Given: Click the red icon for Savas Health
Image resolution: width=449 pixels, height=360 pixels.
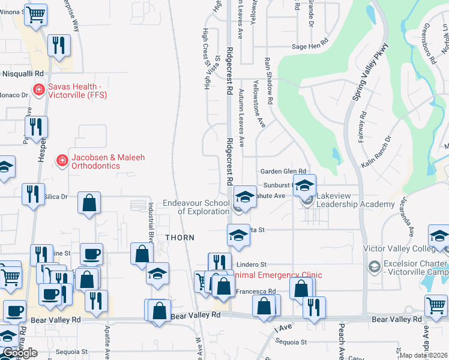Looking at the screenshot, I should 39,89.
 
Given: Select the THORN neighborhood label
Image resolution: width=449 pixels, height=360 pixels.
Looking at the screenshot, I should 181,238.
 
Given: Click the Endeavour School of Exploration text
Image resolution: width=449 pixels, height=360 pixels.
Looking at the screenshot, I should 196,207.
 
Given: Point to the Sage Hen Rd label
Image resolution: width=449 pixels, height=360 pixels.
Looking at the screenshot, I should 310,45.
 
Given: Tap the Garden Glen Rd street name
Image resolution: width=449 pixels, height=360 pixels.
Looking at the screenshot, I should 283,172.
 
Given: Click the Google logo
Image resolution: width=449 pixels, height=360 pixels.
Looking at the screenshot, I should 20,352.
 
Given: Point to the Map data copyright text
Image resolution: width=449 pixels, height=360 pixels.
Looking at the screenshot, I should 424,355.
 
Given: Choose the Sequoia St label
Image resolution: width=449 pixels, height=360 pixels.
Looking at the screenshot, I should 291,343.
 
